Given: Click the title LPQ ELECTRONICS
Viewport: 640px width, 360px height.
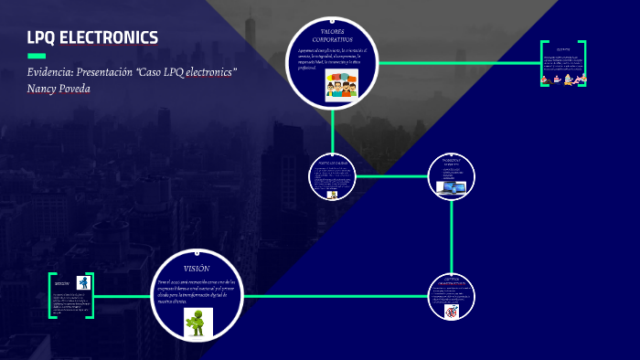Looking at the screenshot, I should coord(93,37).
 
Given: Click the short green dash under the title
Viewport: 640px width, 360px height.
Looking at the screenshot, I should coord(37,56).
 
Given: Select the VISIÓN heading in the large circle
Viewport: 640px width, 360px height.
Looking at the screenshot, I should coord(197,268).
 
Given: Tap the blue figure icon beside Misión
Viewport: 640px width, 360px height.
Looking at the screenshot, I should coord(83,282).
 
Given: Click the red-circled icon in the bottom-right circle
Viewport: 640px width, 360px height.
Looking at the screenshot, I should coord(451,312).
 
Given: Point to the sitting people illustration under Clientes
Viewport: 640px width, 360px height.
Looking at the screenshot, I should coord(562,79).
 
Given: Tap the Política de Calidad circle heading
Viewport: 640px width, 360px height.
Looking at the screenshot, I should coord(331,161).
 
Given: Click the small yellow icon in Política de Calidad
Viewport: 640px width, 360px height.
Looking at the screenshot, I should coord(333,195).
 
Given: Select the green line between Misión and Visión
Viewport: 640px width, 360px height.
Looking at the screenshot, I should coord(123,296).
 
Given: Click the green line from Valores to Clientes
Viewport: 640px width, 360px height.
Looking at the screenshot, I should coord(457,63).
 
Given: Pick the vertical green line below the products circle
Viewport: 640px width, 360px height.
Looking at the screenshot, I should coord(453,238).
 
